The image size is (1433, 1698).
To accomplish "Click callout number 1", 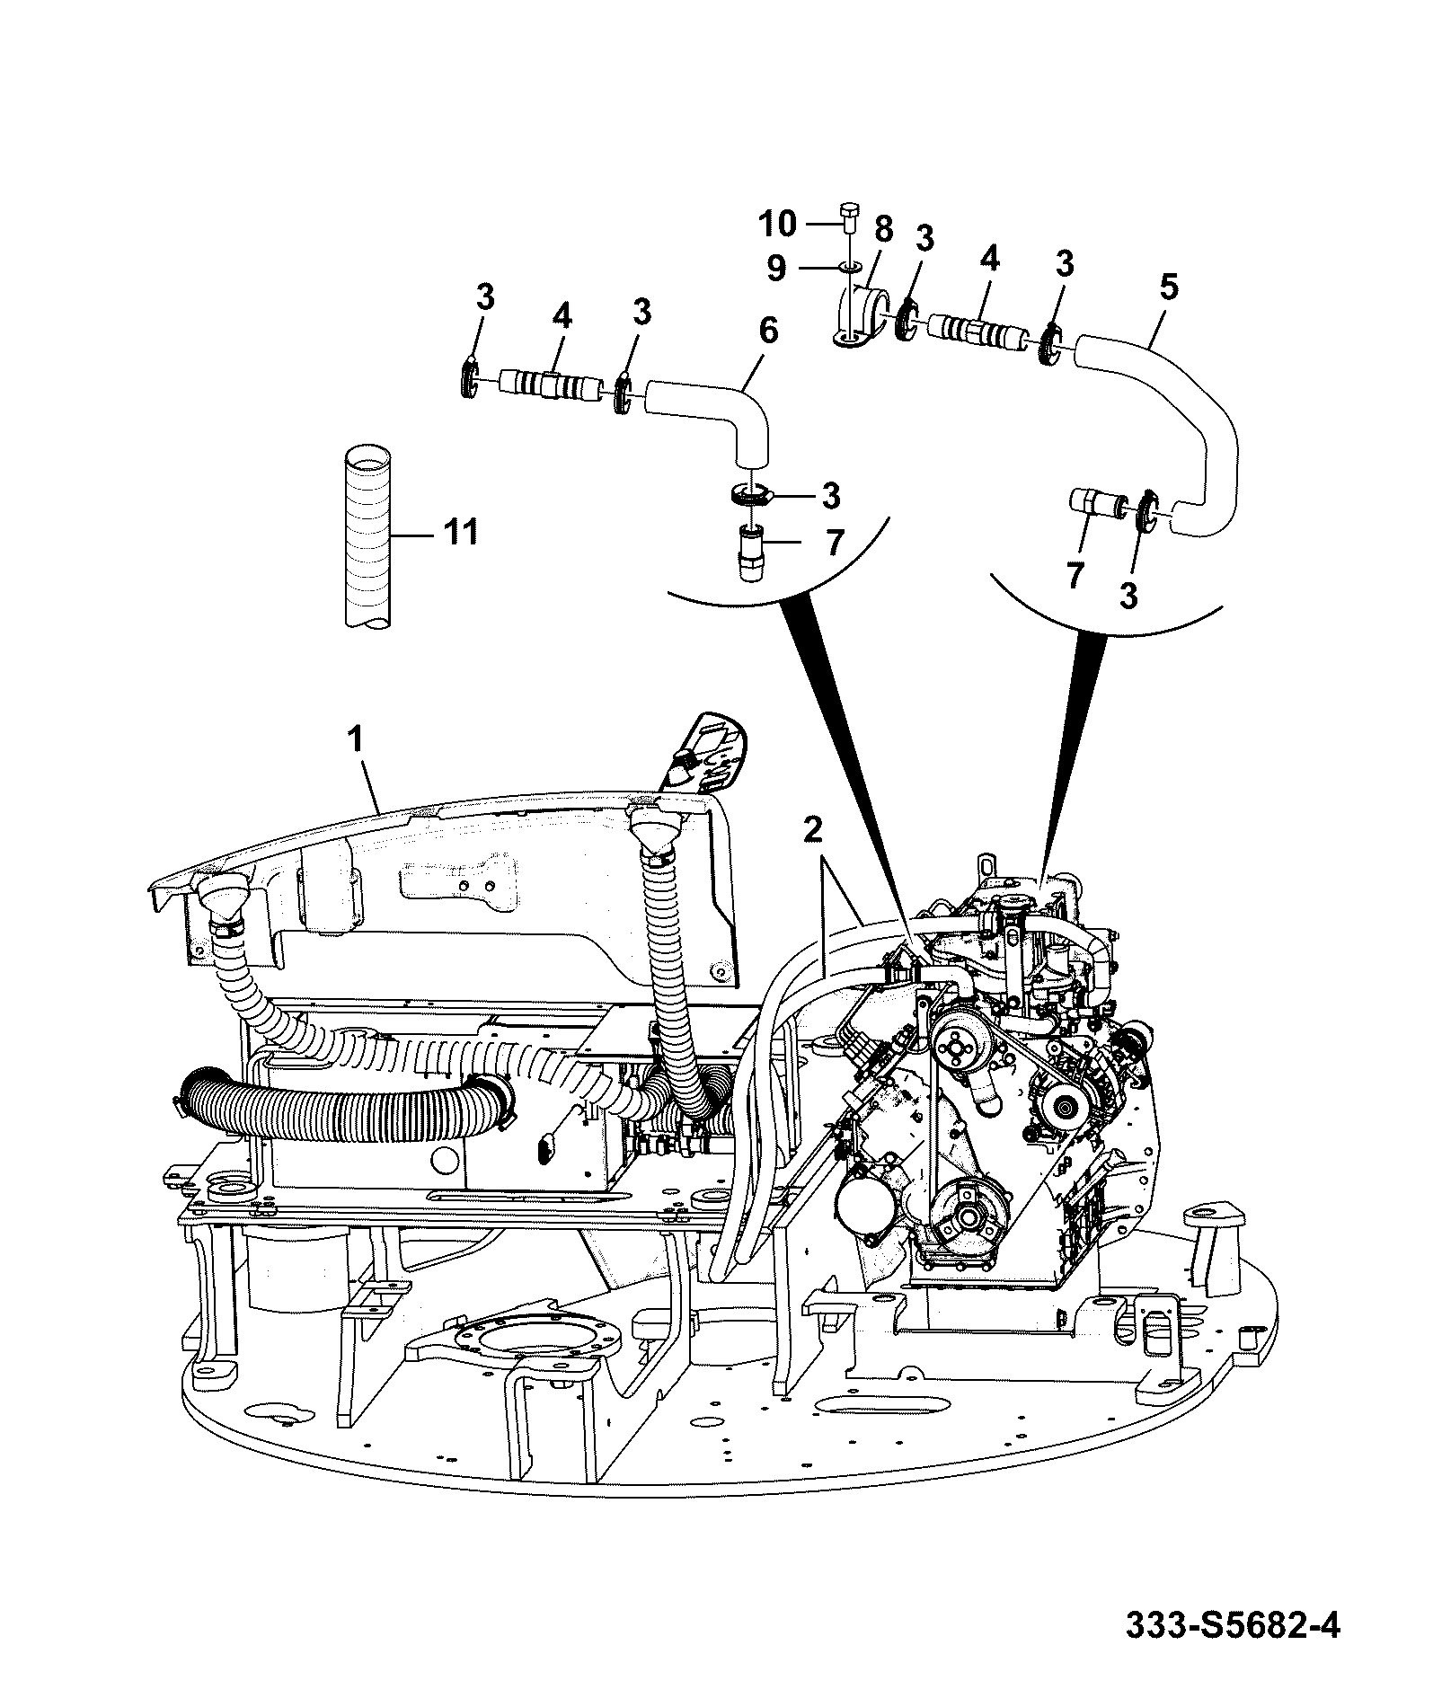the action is [x=355, y=739].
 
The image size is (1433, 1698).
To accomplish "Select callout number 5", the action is [x=1168, y=289].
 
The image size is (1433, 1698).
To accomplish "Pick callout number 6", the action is [x=768, y=331].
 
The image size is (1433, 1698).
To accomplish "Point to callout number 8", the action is [x=883, y=229].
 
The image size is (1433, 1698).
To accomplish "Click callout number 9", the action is [x=777, y=266].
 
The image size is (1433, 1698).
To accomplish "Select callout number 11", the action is [x=458, y=532].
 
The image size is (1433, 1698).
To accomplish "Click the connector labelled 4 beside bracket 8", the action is [x=977, y=332].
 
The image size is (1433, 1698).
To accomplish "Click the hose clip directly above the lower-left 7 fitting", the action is [x=749, y=493].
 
